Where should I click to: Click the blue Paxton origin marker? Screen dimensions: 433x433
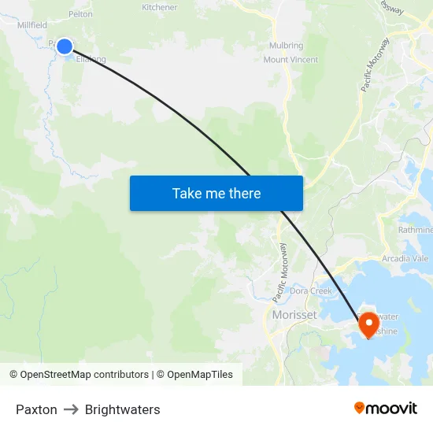tap(65, 46)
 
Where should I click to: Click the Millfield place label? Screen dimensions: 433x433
tap(32, 25)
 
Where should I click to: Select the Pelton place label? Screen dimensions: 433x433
tap(80, 14)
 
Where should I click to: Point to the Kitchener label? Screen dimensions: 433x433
tap(159, 7)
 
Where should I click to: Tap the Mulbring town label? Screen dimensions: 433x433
tap(286, 46)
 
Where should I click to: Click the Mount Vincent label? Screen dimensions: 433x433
tap(291, 60)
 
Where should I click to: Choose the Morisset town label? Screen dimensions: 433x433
tap(294, 315)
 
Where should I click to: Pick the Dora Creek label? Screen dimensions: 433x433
tap(310, 291)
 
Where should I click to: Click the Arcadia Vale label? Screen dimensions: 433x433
tap(405, 258)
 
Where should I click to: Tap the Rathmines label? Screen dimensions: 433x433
tap(416, 230)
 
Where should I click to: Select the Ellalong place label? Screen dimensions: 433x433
tap(91, 59)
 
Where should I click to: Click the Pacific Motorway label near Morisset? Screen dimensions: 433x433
tap(279, 272)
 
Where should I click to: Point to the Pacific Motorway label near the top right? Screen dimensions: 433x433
tap(376, 65)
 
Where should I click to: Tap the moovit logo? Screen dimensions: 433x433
tap(386, 409)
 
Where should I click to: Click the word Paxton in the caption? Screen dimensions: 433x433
tap(36, 409)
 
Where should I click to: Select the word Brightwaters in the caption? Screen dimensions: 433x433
tap(122, 409)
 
